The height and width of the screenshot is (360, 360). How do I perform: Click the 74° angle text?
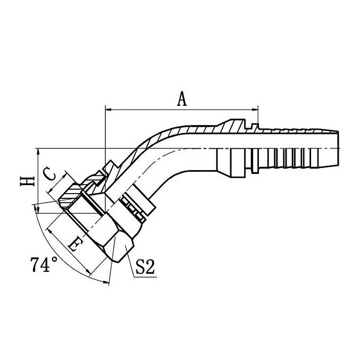[x=44, y=265]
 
